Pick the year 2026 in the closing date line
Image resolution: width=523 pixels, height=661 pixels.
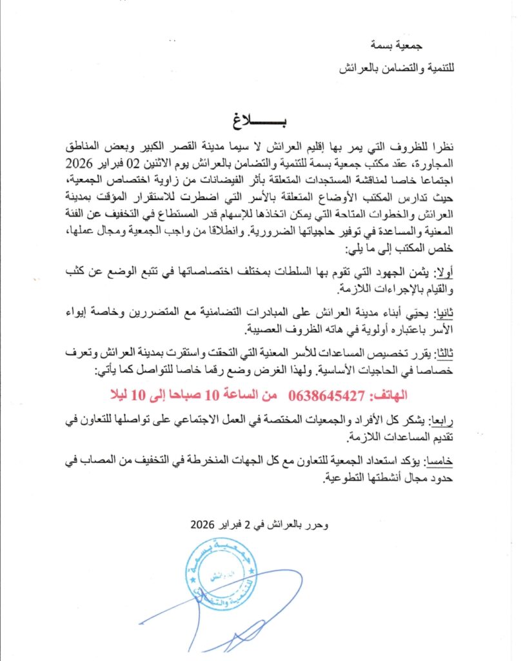204,525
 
